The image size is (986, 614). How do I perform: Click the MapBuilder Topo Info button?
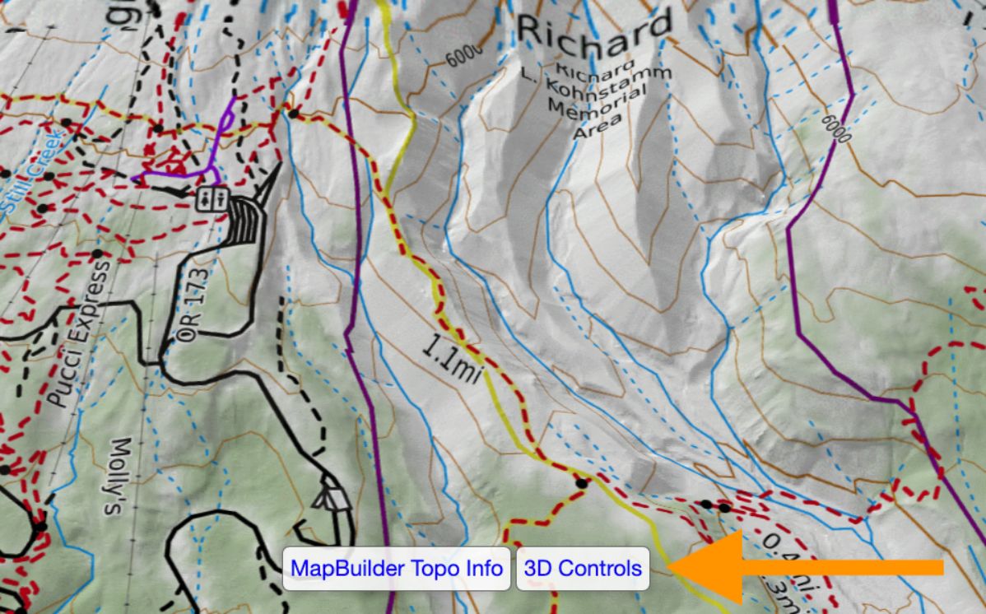tap(398, 568)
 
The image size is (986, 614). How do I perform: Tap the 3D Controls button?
tap(583, 568)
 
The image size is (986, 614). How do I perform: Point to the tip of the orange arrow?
tap(670, 566)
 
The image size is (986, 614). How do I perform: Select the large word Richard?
tap(594, 30)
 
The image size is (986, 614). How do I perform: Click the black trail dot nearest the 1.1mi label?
tap(581, 483)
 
